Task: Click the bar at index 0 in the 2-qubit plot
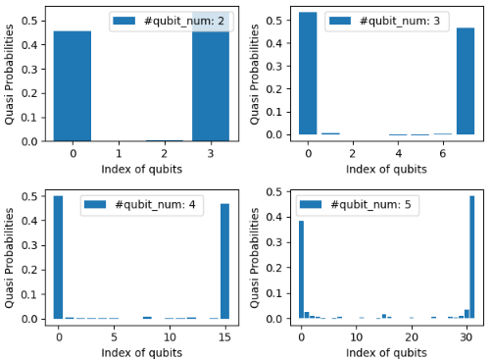coord(73,86)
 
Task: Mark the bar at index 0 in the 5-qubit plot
coord(301,270)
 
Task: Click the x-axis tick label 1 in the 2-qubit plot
coord(119,154)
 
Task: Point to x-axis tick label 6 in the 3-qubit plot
coord(442,154)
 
